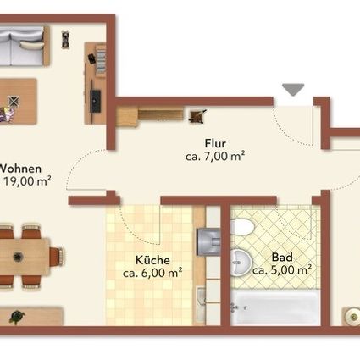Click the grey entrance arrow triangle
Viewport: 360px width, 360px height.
tap(293, 89)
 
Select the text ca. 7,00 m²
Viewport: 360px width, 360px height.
tap(215, 156)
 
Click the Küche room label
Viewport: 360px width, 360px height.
tap(152, 261)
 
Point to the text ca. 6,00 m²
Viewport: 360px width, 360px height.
tap(152, 274)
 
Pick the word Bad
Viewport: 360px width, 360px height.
tap(282, 258)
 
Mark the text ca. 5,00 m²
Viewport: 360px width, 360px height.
tap(282, 270)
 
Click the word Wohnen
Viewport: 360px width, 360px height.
tap(22, 168)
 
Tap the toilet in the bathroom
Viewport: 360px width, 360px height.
tap(241, 227)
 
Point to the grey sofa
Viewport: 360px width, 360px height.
tap(22, 49)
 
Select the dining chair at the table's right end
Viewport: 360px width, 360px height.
tap(60, 253)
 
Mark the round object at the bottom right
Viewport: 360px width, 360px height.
tap(350, 314)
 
